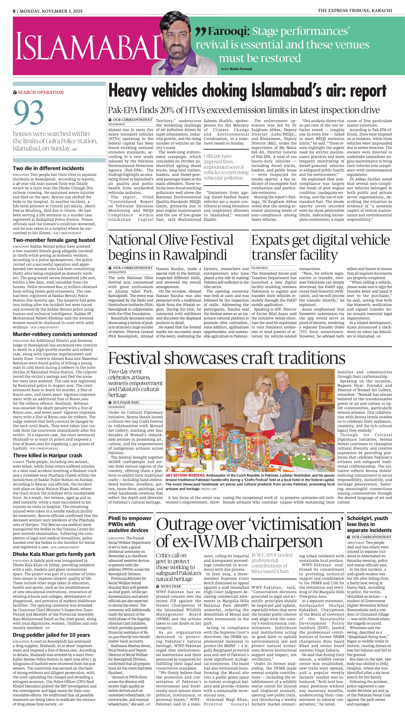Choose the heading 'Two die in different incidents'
48,168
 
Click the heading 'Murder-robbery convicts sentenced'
55,334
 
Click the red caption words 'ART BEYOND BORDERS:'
185,475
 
